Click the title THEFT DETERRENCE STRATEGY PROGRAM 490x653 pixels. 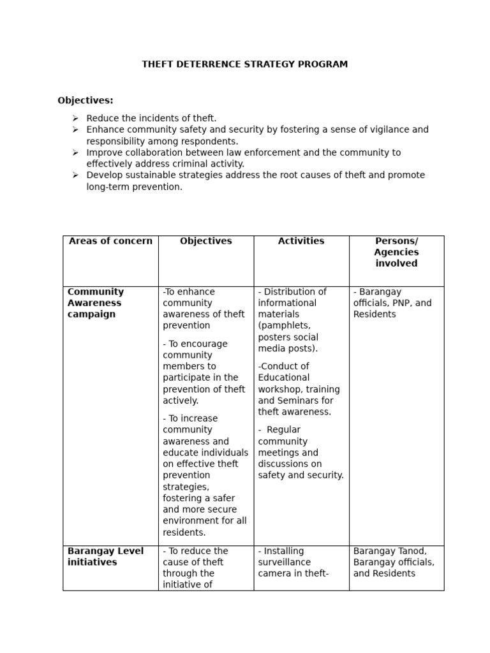244,64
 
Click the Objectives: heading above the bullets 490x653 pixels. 85,100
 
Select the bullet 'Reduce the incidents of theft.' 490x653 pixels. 151,118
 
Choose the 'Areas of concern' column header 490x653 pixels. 110,241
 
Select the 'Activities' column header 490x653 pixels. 301,241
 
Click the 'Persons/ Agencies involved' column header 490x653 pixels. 396,252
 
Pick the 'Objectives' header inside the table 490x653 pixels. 206,241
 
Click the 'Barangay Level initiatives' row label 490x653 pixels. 105,556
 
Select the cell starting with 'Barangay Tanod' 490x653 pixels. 394,562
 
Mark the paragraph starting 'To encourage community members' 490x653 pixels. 204,372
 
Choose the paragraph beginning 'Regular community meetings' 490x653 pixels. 301,453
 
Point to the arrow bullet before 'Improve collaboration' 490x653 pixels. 75,153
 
